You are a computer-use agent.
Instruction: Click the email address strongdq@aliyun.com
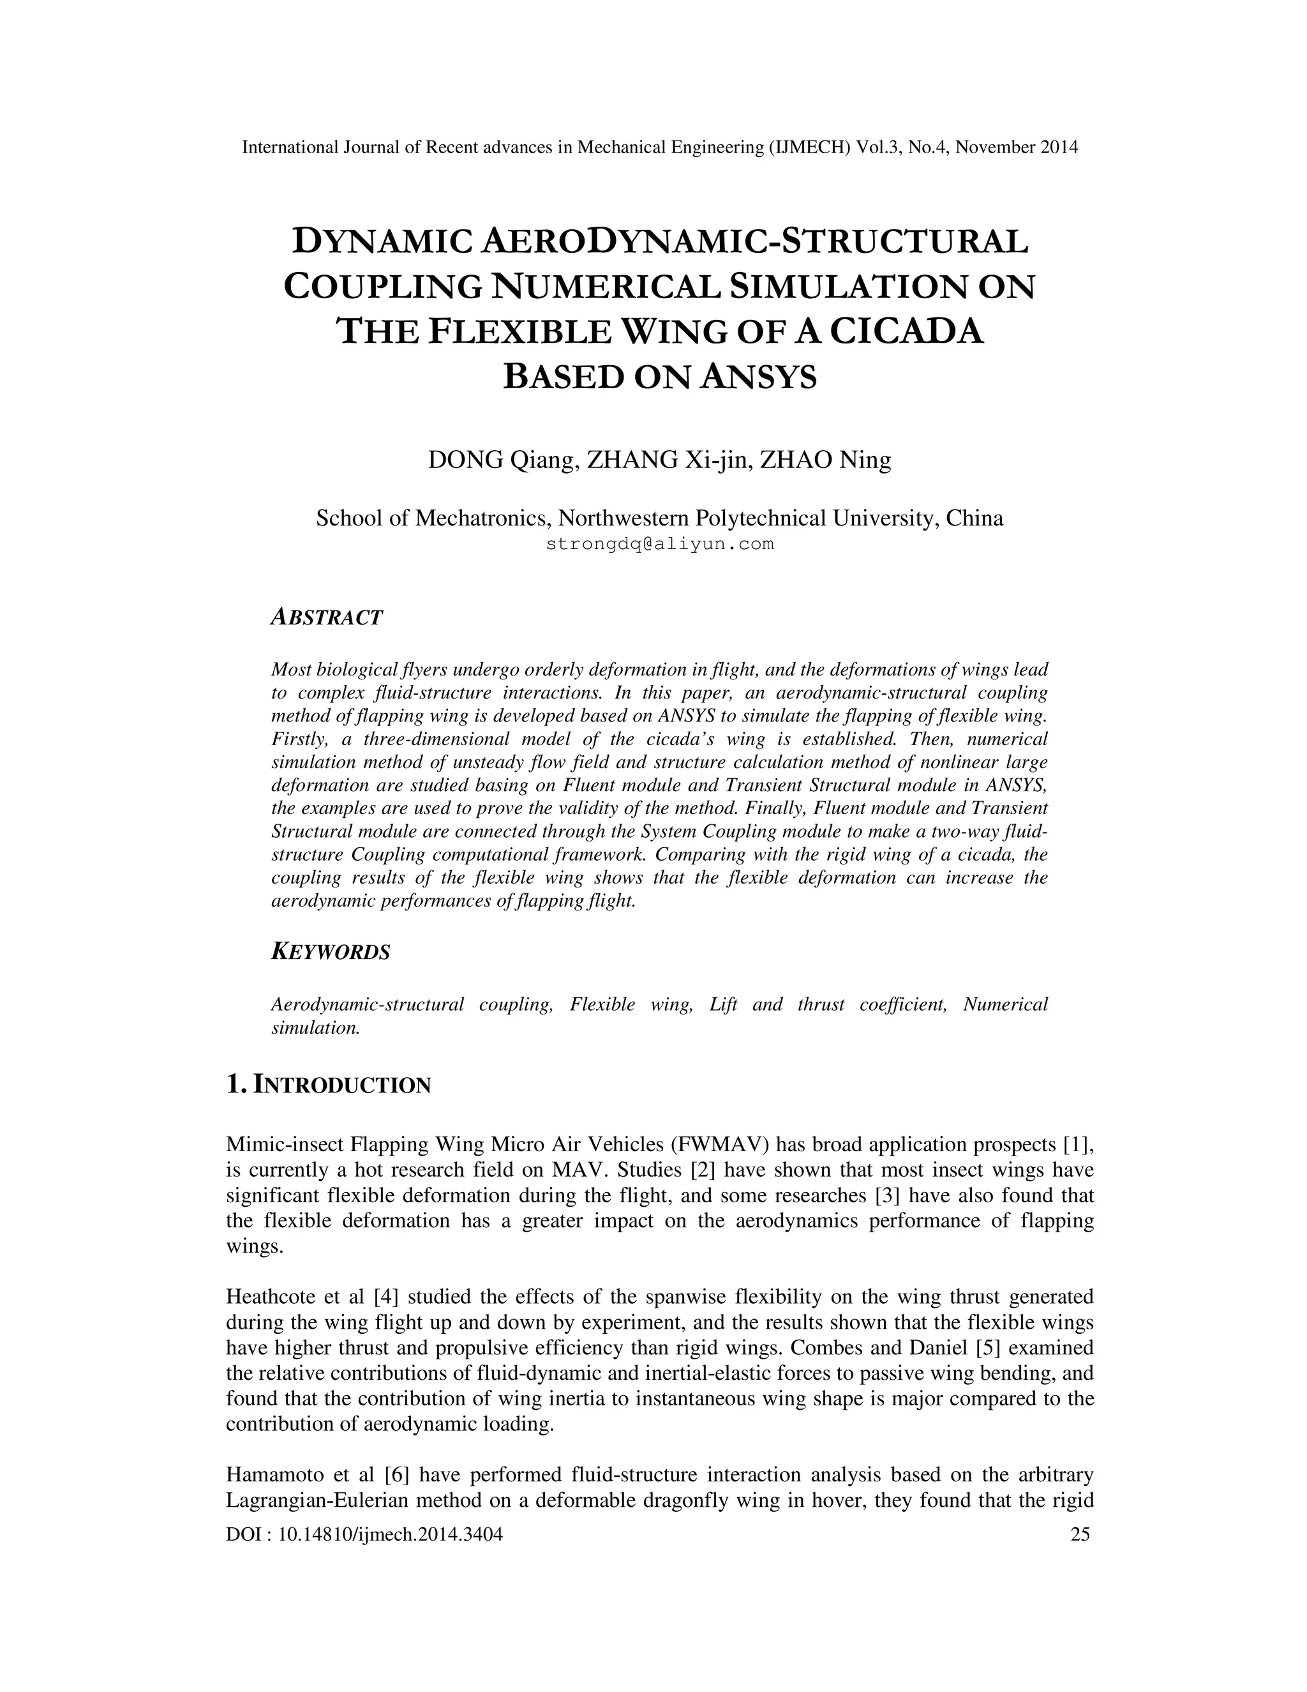(x=660, y=544)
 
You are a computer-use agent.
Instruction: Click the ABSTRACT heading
(x=327, y=617)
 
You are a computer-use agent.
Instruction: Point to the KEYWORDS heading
(x=331, y=952)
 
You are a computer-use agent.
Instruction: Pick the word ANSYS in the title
(x=758, y=377)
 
